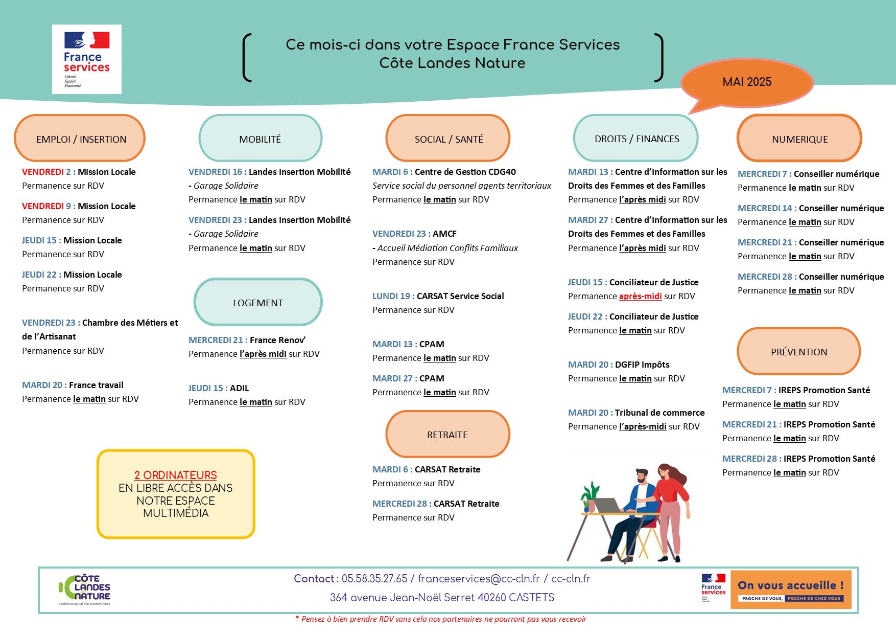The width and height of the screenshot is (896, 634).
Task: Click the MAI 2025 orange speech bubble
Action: pyautogui.click(x=747, y=82)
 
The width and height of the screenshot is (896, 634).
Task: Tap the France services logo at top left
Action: pyautogui.click(x=87, y=59)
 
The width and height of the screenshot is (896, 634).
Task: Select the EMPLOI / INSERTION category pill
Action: pyautogui.click(x=80, y=139)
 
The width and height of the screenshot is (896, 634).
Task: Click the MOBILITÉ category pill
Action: pyautogui.click(x=260, y=139)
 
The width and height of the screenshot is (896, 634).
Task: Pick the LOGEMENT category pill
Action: pyautogui.click(x=258, y=303)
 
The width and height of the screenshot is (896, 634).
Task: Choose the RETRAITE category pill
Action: pyautogui.click(x=447, y=435)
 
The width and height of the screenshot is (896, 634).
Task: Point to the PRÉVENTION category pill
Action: pyautogui.click(x=799, y=352)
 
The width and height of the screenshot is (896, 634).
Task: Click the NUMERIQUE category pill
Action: pyautogui.click(x=799, y=139)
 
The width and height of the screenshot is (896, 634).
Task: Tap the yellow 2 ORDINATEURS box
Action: pyautogui.click(x=176, y=494)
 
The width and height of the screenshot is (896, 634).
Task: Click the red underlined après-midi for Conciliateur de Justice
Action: pyautogui.click(x=640, y=296)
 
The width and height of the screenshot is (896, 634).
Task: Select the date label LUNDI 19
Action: pyautogui.click(x=391, y=296)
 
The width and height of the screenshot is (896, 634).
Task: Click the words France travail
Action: pyautogui.click(x=96, y=385)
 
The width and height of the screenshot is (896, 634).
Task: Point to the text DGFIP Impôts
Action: pyautogui.click(x=642, y=365)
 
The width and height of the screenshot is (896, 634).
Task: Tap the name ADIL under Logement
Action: pyautogui.click(x=239, y=388)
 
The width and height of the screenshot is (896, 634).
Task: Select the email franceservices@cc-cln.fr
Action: pyautogui.click(x=479, y=579)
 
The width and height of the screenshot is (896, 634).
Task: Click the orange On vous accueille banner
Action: pyautogui.click(x=791, y=590)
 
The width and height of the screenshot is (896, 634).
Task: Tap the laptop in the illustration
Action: pyautogui.click(x=607, y=505)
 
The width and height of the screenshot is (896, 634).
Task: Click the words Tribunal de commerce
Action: pyautogui.click(x=659, y=413)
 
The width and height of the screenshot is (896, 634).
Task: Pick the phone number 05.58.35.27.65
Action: pyautogui.click(x=374, y=579)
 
